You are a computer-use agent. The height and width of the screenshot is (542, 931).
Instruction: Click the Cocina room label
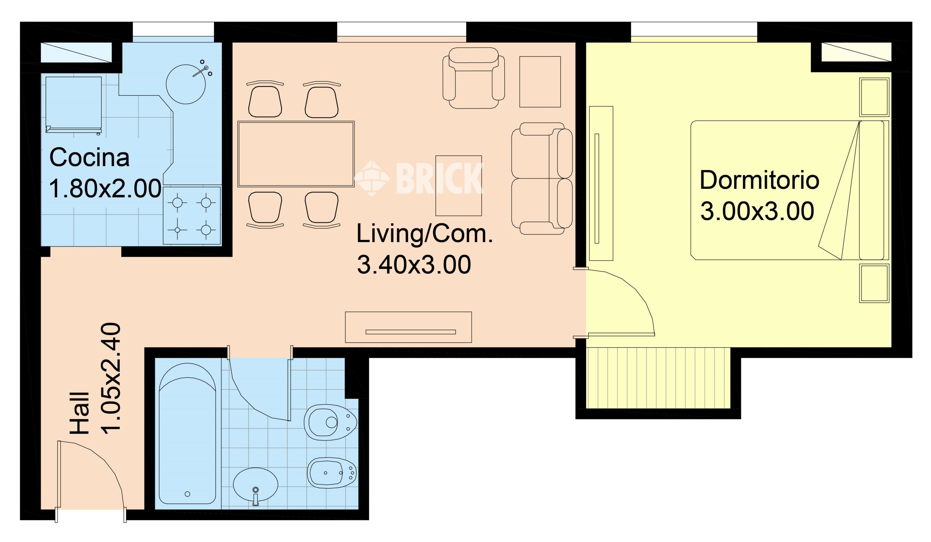89,158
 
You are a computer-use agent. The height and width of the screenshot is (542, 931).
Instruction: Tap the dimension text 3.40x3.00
414,265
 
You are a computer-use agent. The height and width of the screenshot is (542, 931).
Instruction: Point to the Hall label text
80,413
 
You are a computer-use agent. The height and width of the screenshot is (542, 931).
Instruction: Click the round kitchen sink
186,84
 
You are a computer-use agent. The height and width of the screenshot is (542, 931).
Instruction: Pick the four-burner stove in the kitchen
192,216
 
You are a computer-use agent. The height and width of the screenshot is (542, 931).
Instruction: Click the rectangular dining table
296,154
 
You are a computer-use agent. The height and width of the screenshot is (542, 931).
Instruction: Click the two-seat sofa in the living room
541,179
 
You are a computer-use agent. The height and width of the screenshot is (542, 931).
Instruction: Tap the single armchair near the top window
474,78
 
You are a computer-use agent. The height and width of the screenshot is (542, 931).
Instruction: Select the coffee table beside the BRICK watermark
458,186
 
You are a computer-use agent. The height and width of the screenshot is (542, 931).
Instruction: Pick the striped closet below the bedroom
658,378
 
